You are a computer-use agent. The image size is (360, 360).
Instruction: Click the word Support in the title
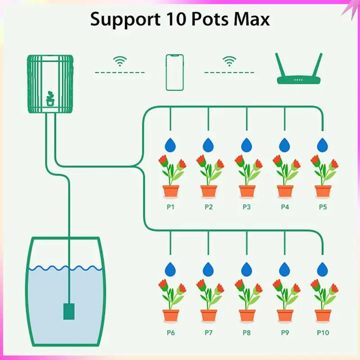(125, 20)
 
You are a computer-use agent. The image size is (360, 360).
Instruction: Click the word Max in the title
(252, 19)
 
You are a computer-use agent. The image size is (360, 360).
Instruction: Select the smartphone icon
(175, 72)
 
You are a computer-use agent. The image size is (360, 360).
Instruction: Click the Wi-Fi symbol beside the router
(229, 61)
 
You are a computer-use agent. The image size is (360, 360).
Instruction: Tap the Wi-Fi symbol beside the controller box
(120, 61)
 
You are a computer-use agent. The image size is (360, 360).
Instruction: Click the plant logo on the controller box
(50, 98)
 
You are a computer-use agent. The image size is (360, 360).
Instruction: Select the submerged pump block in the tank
(69, 311)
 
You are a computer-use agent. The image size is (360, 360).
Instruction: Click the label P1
(171, 207)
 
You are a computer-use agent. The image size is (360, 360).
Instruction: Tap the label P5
(323, 207)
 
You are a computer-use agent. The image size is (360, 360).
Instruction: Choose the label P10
(323, 333)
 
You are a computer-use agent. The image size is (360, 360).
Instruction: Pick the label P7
(208, 333)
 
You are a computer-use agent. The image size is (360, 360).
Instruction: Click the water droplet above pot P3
(247, 145)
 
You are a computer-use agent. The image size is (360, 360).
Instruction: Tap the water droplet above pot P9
(285, 269)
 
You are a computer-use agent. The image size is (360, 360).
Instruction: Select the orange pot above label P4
(285, 191)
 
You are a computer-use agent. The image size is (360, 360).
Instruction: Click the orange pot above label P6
(171, 315)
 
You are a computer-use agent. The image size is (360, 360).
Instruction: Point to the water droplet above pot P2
(208, 145)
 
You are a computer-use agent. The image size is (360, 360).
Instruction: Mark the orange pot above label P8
(247, 315)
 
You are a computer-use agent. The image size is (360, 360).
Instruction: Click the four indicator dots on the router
(298, 80)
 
